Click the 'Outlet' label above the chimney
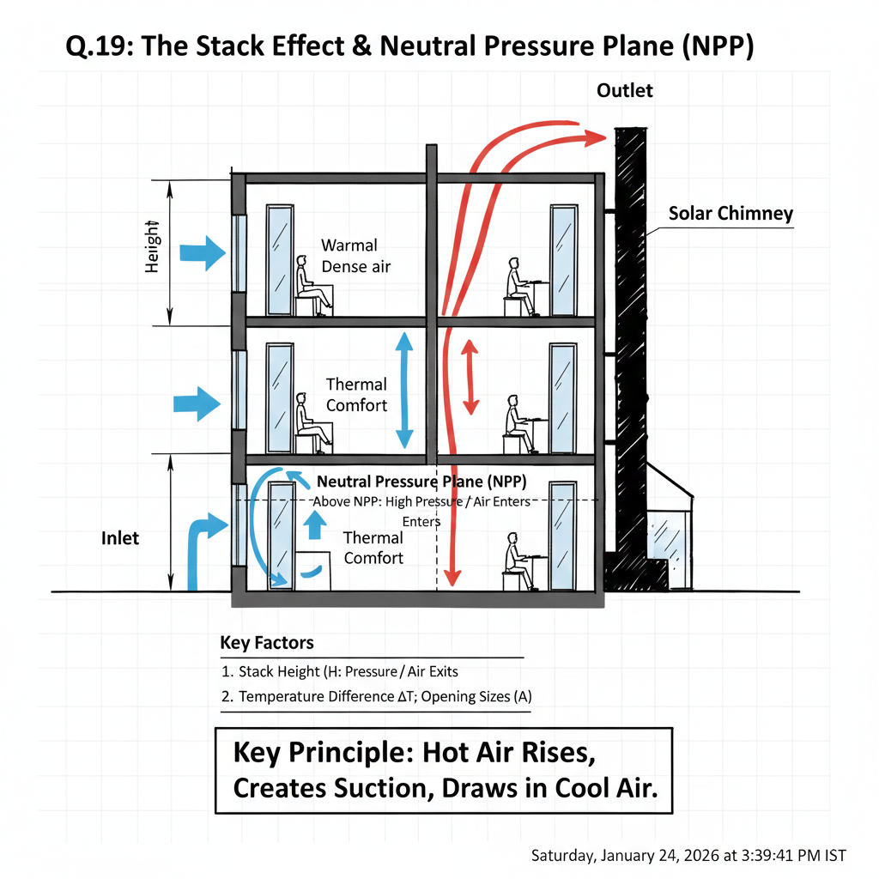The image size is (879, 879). click(x=625, y=91)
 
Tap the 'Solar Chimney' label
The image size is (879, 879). click(x=730, y=214)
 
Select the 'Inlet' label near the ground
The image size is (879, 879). click(x=120, y=538)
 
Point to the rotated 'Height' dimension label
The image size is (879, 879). click(x=152, y=246)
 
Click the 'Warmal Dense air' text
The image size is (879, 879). click(x=356, y=256)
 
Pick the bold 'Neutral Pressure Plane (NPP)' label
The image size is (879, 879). click(x=421, y=482)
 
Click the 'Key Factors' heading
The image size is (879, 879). click(x=267, y=642)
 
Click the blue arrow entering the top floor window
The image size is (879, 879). click(x=203, y=253)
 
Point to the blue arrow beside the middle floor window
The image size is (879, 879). click(x=197, y=403)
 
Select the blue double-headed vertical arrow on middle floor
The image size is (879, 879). click(x=404, y=391)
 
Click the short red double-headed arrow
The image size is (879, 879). click(x=470, y=378)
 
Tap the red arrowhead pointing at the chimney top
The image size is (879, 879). click(x=596, y=137)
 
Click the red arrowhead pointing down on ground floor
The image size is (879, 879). click(x=452, y=578)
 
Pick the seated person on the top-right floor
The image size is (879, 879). click(x=518, y=287)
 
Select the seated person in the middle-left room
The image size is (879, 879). click(x=312, y=422)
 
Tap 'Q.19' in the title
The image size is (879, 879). click(x=100, y=46)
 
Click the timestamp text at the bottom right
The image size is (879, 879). click(x=688, y=856)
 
